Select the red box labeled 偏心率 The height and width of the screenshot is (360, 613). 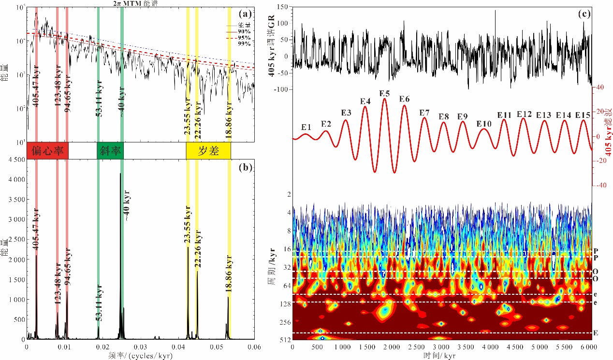[48, 151]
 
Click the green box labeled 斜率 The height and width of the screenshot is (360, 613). [110, 151]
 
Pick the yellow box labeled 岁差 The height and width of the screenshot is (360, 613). [208, 151]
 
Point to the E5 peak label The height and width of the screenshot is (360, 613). [385, 93]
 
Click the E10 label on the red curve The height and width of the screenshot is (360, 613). [483, 124]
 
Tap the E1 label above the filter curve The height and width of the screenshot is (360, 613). [306, 127]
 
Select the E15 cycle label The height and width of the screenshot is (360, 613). [583, 115]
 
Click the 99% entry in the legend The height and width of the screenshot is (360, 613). [244, 43]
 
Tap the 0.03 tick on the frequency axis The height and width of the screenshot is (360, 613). [140, 347]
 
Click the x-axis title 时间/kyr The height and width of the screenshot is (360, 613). [440, 355]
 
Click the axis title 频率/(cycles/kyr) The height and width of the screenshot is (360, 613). [140, 355]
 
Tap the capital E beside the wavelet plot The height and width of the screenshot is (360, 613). [596, 333]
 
